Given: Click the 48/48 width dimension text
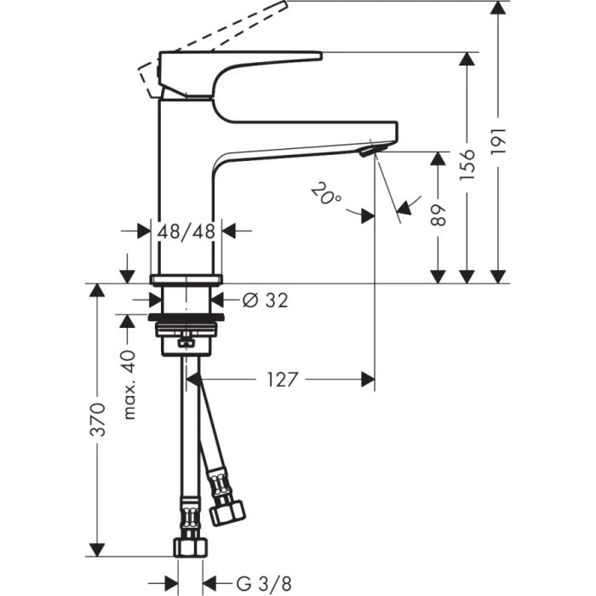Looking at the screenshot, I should (x=186, y=230).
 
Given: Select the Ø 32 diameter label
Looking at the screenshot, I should (x=265, y=300).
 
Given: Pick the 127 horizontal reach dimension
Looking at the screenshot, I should (x=282, y=379).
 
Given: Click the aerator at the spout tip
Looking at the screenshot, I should (x=369, y=152).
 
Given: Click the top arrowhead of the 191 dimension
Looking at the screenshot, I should (x=499, y=9).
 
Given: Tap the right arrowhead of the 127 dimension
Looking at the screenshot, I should (x=367, y=379).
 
